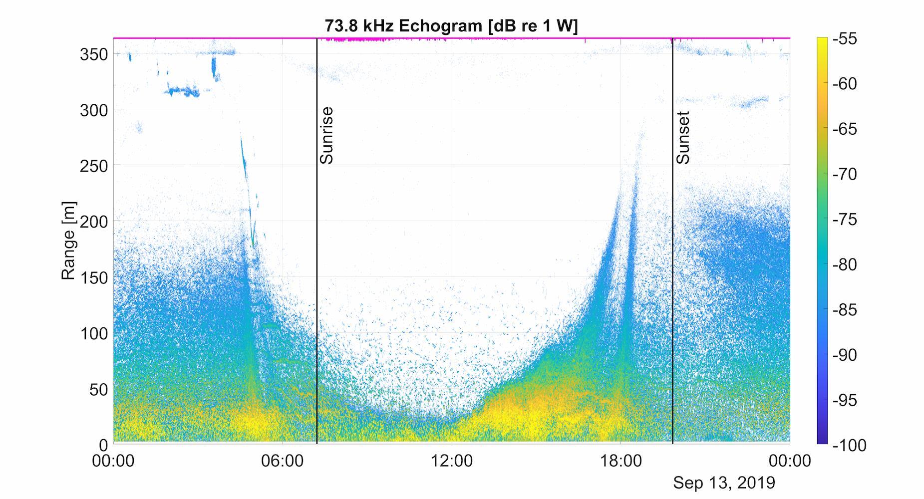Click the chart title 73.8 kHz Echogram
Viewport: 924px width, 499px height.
point(451,25)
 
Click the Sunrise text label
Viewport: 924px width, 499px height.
point(326,135)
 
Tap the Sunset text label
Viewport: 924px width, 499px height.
point(683,138)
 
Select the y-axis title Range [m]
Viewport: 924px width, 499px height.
point(68,241)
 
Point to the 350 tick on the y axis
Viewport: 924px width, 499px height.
point(94,54)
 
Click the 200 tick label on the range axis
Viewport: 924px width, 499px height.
point(94,222)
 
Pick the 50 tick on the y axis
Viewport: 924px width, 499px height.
point(99,389)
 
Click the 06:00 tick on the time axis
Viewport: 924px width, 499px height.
point(283,461)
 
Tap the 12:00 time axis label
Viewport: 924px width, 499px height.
point(451,461)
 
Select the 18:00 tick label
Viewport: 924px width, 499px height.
point(620,461)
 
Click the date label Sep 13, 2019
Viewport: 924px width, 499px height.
point(724,483)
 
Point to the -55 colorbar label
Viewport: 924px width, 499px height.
point(845,39)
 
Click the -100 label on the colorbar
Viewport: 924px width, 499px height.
point(849,445)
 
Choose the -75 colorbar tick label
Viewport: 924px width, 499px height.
point(845,220)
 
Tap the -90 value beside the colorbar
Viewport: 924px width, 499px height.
point(845,355)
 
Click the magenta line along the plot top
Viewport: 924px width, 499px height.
point(499,37)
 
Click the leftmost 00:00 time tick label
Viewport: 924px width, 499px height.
point(113,461)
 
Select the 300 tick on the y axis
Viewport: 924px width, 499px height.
point(94,110)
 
